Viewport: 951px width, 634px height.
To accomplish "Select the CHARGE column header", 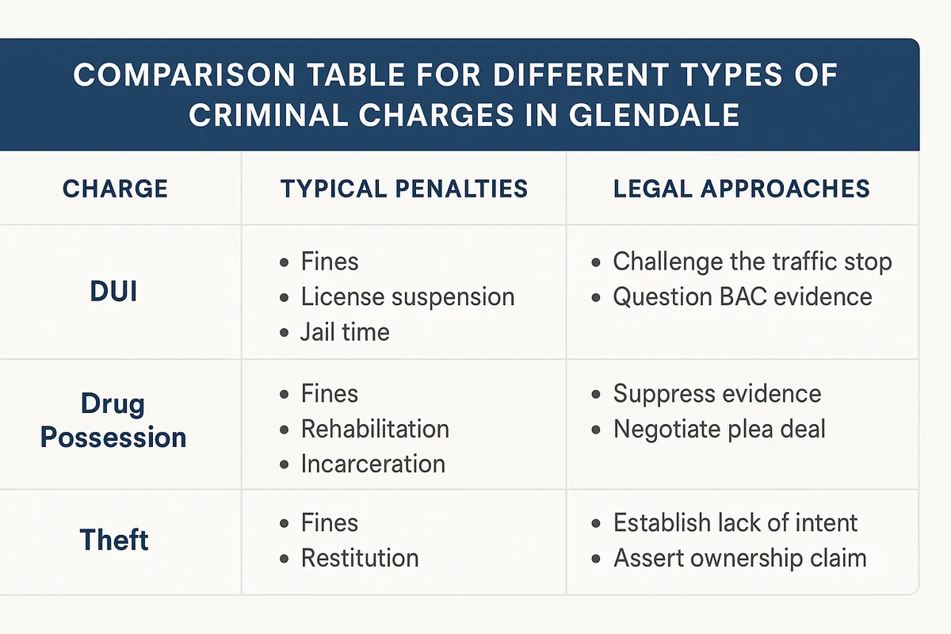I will [115, 189].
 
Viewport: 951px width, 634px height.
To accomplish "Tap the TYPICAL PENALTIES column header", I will [404, 189].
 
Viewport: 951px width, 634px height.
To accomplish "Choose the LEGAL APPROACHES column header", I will [742, 189].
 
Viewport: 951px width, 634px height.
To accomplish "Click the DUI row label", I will [113, 291].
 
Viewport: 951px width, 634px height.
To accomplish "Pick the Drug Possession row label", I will [113, 420].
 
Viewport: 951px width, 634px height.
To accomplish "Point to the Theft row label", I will [114, 540].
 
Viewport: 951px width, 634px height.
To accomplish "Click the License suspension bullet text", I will [407, 296].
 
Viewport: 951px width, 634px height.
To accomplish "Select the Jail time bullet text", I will [345, 331].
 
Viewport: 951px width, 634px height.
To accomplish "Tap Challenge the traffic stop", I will [752, 262].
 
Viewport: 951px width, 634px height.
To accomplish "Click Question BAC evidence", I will [743, 296].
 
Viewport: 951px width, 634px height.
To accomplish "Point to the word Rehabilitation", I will [375, 429].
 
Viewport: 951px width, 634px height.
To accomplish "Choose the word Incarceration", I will [372, 464].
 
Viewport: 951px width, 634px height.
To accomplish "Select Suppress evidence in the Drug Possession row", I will [717, 394].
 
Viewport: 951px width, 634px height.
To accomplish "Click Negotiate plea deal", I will [720, 429].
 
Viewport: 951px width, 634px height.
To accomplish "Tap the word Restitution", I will [360, 557].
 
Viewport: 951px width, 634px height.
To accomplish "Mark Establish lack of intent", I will [735, 523].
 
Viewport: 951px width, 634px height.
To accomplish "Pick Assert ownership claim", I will [739, 557].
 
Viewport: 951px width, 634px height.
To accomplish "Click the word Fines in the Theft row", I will [330, 523].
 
